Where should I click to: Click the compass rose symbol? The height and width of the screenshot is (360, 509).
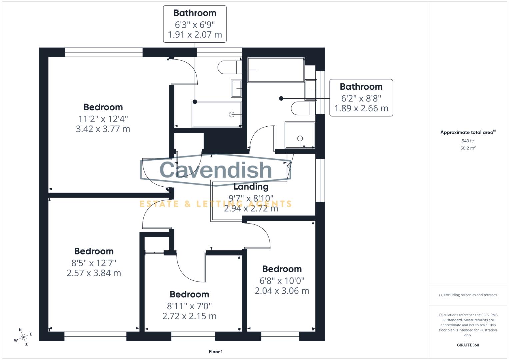pyautogui.click(x=23, y=337)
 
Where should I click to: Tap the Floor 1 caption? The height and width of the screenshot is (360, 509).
pyautogui.click(x=215, y=352)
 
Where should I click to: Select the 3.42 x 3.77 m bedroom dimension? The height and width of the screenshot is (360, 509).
pyautogui.click(x=103, y=129)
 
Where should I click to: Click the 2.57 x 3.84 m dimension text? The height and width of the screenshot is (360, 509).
pyautogui.click(x=94, y=273)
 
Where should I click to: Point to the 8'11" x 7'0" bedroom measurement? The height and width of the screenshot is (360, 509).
pyautogui.click(x=189, y=306)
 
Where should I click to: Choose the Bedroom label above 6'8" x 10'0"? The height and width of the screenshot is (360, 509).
pyautogui.click(x=282, y=269)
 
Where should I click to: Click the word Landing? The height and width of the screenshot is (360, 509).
pyautogui.click(x=251, y=187)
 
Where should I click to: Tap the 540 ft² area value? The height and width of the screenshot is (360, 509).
pyautogui.click(x=468, y=141)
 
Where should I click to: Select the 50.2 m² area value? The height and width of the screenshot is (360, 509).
pyautogui.click(x=468, y=148)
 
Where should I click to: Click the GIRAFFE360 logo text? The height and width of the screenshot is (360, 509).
pyautogui.click(x=468, y=345)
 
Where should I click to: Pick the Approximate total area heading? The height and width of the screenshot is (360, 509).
pyautogui.click(x=468, y=132)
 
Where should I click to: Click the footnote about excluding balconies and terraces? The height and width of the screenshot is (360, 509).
pyautogui.click(x=468, y=295)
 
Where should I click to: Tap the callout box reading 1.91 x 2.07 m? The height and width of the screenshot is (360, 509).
pyautogui.click(x=195, y=24)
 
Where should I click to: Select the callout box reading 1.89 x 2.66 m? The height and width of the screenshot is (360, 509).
pyautogui.click(x=361, y=98)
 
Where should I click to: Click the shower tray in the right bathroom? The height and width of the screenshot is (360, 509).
pyautogui.click(x=300, y=135)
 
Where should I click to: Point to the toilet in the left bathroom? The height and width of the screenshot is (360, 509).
pyautogui.click(x=229, y=68)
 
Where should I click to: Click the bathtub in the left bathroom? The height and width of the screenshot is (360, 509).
pyautogui.click(x=217, y=114)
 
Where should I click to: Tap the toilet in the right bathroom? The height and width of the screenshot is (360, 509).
pyautogui.click(x=303, y=108)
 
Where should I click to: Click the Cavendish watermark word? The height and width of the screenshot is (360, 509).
pyautogui.click(x=216, y=170)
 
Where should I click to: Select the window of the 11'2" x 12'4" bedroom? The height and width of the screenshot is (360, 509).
pyautogui.click(x=104, y=52)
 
